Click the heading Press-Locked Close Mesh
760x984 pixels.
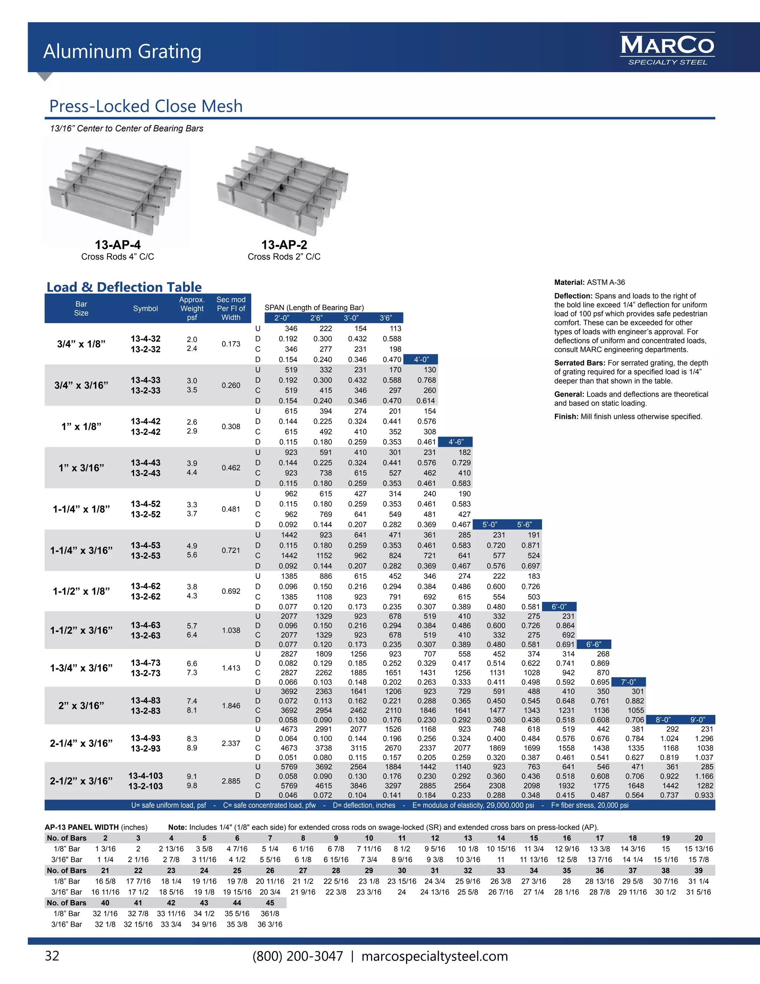coord(146,106)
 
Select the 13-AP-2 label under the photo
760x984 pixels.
coord(284,245)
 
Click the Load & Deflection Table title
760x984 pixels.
coord(124,287)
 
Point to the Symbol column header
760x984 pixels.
coord(145,309)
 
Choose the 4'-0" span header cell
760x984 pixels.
coord(421,359)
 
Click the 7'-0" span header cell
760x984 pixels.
coord(628,682)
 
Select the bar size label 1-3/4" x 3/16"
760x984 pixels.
coord(82,668)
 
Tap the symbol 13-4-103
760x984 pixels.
coord(145,775)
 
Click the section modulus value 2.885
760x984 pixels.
coord(230,781)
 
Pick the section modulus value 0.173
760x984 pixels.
coord(230,344)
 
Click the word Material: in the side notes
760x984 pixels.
coord(569,283)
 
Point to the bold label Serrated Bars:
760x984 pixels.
coord(580,363)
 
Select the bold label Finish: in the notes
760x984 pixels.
coord(566,416)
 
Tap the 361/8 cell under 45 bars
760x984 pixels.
coord(270,913)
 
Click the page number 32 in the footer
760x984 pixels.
coord(52,956)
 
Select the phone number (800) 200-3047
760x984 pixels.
coord(298,956)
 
